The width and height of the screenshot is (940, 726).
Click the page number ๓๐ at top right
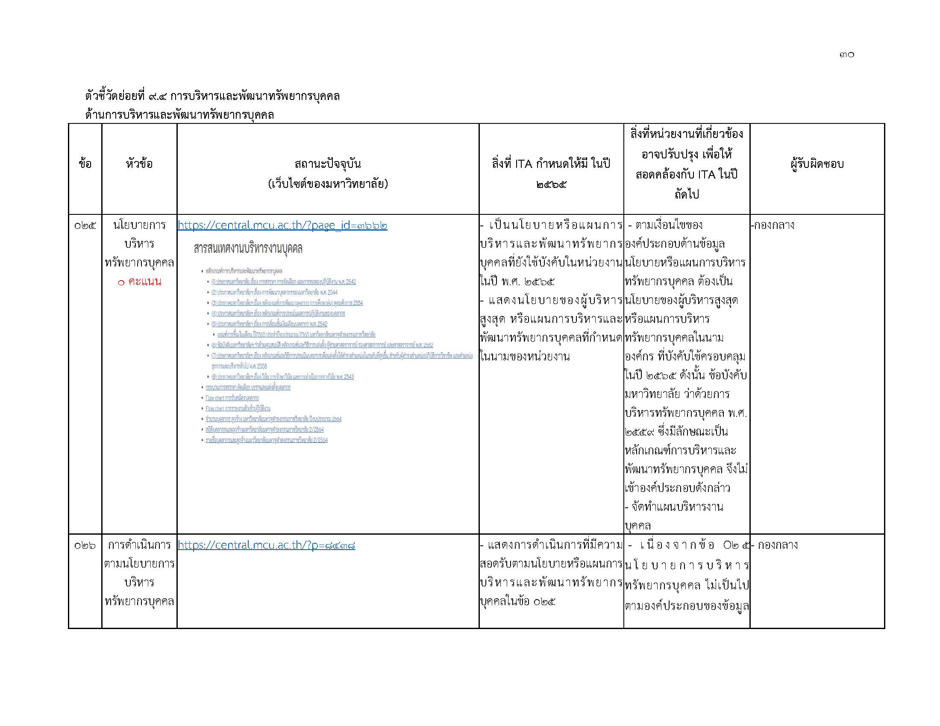(x=846, y=55)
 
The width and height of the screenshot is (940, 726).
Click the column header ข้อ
(x=85, y=164)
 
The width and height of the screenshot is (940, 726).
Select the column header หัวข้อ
(x=139, y=164)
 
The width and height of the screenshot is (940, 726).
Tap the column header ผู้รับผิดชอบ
(x=817, y=164)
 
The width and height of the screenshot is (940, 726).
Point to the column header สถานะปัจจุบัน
(x=328, y=164)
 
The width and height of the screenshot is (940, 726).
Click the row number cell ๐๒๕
(x=85, y=225)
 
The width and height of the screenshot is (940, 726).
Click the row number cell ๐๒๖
(x=85, y=545)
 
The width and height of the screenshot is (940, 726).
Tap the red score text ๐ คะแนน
(x=139, y=282)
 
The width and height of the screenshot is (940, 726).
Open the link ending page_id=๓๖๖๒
(x=282, y=225)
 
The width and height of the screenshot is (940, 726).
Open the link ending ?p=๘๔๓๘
(x=267, y=545)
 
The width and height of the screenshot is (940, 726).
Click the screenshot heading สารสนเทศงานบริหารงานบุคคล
(x=248, y=249)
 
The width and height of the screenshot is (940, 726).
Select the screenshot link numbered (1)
(x=284, y=282)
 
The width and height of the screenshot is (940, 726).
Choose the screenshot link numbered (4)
(x=278, y=313)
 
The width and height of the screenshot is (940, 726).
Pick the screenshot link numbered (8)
(x=282, y=377)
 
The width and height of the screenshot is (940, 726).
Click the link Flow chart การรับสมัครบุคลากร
(x=232, y=398)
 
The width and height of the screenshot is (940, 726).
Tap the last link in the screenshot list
(x=267, y=440)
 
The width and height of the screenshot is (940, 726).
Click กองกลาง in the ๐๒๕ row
(x=774, y=225)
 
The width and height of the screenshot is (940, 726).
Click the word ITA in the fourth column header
(x=523, y=164)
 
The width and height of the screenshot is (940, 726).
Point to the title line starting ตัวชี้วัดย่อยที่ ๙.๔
(x=212, y=96)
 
